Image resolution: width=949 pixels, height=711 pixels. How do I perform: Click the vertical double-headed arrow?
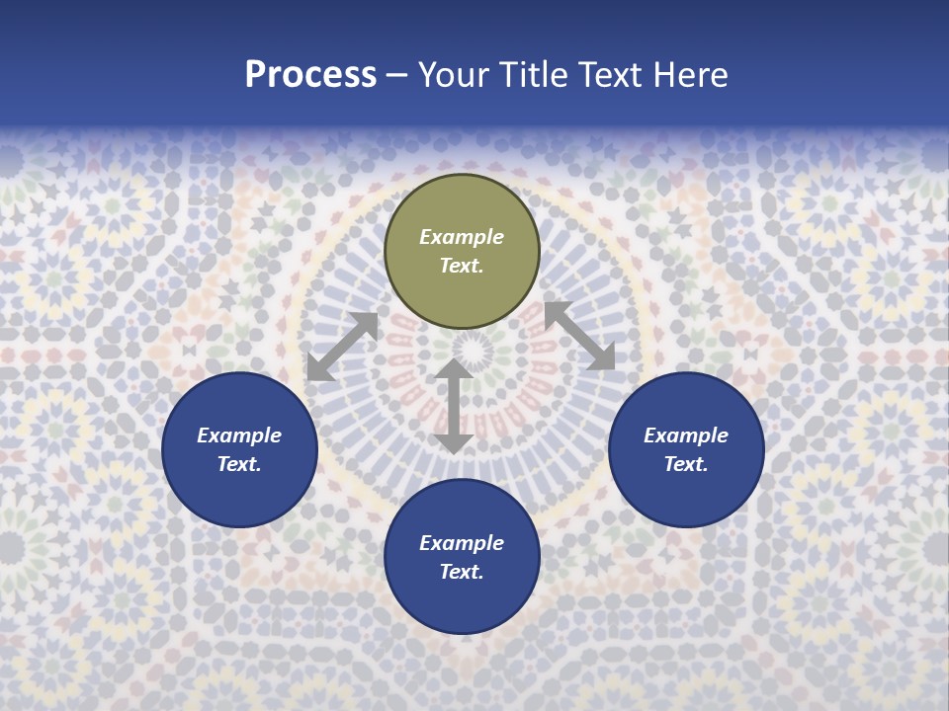[454, 406]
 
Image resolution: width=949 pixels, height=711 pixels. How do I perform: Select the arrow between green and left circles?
[342, 347]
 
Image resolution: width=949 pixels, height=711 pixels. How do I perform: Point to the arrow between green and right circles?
[579, 337]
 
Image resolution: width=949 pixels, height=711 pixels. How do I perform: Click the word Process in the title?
[310, 75]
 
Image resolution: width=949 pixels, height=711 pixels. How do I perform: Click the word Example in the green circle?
[462, 237]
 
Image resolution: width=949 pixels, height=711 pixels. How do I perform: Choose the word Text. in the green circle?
[462, 266]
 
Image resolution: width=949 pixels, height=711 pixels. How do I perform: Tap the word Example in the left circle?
[239, 435]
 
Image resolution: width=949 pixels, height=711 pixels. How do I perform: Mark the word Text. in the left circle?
[239, 464]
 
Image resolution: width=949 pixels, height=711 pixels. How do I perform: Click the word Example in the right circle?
[686, 435]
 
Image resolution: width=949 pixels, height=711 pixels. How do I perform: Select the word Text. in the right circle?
[686, 464]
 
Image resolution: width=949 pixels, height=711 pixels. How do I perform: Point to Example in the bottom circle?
[462, 543]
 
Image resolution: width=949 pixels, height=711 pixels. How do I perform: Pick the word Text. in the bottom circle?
[462, 572]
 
